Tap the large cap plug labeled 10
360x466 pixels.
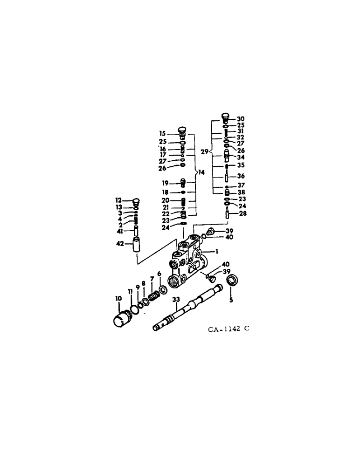[123, 320]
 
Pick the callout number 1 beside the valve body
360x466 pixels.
[217, 251]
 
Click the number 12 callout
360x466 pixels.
[118, 200]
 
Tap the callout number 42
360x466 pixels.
[119, 243]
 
